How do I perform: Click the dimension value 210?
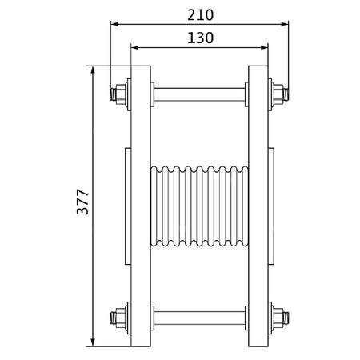coord(199,14)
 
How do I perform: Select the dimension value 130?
coord(199,37)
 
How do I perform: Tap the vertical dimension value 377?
coord(82,206)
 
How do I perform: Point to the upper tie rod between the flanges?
coord(199,93)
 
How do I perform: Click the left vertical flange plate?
coord(141,206)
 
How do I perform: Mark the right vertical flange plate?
coord(258,206)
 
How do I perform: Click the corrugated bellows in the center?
coord(199,206)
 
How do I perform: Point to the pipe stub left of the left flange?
coord(128,206)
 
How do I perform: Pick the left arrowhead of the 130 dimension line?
coord(134,47)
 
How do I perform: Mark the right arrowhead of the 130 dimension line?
coord(264,47)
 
